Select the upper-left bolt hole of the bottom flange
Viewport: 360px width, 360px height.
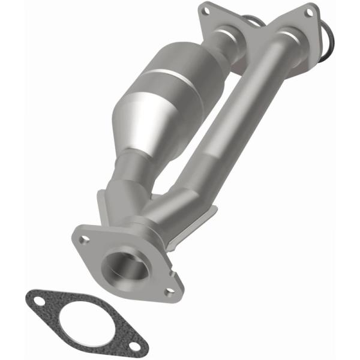tap(85, 239)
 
